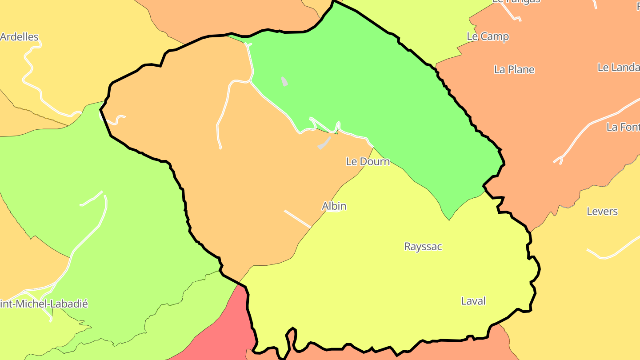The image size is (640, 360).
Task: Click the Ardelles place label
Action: (x=20, y=37)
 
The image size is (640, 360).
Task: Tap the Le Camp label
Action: (x=488, y=36)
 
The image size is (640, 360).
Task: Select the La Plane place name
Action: (x=514, y=69)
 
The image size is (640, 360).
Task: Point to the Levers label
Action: (x=602, y=211)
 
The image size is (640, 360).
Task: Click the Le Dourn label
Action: (x=368, y=161)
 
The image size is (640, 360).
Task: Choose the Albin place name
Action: (x=334, y=206)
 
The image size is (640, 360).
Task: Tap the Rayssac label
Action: (x=423, y=246)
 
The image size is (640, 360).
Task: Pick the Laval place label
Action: (x=473, y=301)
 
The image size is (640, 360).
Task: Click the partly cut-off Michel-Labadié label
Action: (x=44, y=304)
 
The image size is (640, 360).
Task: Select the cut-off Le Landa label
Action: (x=618, y=68)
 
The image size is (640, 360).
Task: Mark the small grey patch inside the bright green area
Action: (x=284, y=81)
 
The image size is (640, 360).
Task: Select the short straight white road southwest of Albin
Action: (x=297, y=219)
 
